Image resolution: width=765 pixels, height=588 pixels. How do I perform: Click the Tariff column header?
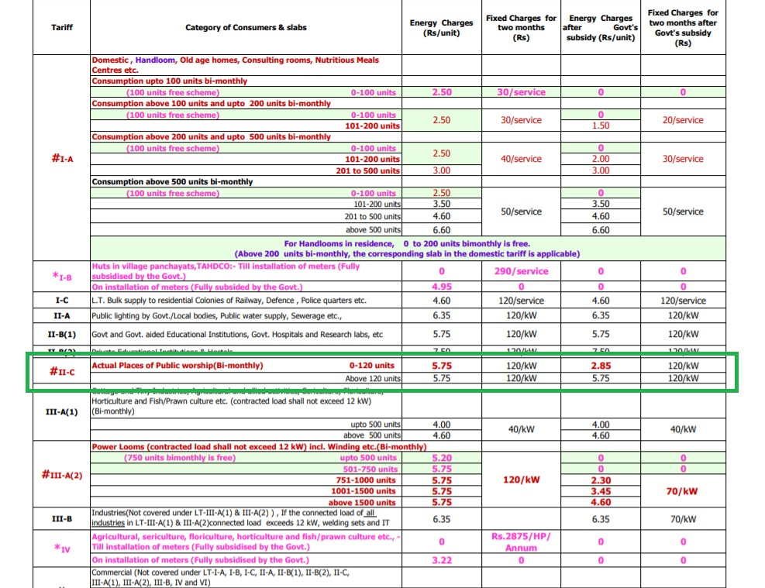[x=62, y=28]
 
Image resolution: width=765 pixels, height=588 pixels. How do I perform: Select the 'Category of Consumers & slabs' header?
[x=246, y=28]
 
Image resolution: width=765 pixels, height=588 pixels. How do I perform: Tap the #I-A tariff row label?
[x=63, y=159]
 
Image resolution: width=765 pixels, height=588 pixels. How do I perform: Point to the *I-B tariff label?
[x=62, y=276]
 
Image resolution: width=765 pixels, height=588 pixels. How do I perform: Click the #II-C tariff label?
[x=62, y=371]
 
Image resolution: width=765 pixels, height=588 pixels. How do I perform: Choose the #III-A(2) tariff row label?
[x=62, y=474]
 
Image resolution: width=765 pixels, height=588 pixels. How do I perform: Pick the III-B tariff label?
[x=62, y=519]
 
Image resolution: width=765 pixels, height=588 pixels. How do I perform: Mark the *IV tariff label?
[x=62, y=548]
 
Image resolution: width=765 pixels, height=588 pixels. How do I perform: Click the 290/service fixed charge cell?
[x=521, y=271]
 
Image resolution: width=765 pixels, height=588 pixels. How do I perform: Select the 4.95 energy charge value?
[x=441, y=286]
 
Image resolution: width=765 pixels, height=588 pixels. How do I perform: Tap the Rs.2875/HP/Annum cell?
[x=521, y=541]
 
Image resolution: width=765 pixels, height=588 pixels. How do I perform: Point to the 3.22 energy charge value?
[x=441, y=560]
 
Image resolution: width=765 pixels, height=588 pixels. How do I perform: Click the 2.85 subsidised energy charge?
[x=601, y=365]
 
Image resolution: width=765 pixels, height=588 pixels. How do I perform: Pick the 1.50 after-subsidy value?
[x=601, y=126]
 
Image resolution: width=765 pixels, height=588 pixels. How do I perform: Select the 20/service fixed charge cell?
[x=682, y=120]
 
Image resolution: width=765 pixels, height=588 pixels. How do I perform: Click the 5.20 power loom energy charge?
[x=441, y=458]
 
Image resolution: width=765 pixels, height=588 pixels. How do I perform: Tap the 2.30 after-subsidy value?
[x=601, y=480]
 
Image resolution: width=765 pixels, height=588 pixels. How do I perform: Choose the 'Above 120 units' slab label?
[x=373, y=379]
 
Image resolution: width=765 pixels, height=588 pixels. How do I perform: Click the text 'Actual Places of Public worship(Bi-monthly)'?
[x=177, y=366]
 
